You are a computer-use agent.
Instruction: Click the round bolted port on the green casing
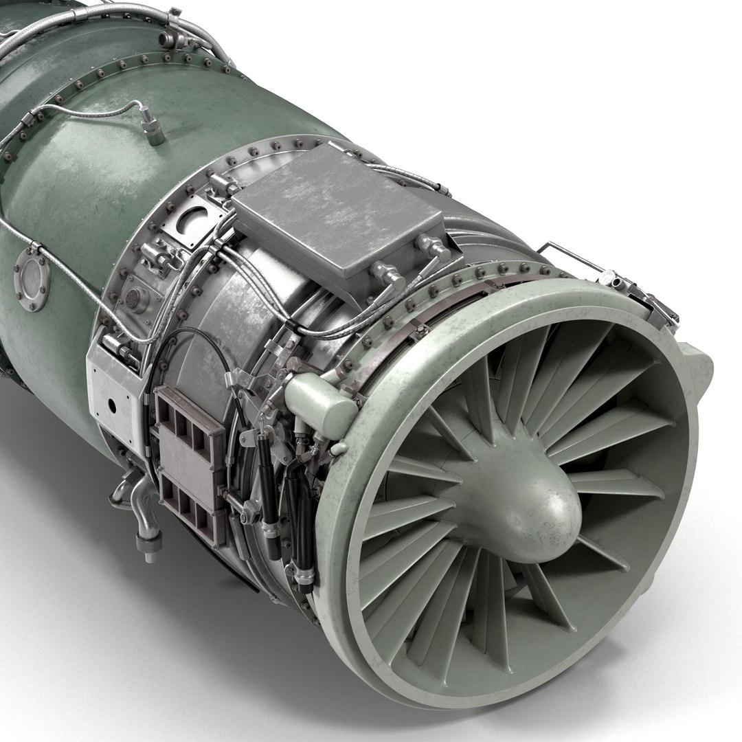coord(31,276)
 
